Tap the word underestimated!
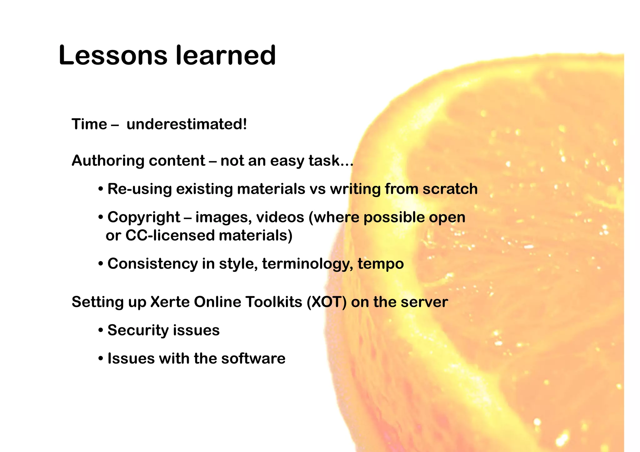click(x=187, y=124)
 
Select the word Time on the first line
click(x=89, y=124)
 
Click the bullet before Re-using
click(x=101, y=189)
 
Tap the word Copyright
click(x=144, y=217)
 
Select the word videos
click(x=280, y=217)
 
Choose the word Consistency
click(x=152, y=264)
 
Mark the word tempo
click(x=381, y=264)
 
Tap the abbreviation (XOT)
click(x=327, y=302)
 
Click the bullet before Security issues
click(x=101, y=330)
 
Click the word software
click(x=253, y=358)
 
